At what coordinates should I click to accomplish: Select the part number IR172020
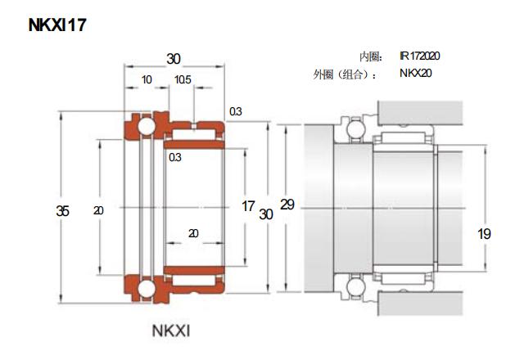coord(420,56)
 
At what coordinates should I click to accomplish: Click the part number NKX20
coord(415,74)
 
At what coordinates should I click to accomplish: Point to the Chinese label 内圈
coord(369,57)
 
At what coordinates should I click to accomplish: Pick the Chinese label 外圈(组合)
coord(345,75)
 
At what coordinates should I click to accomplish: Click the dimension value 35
coord(62,211)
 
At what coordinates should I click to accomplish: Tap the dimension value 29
coord(287,205)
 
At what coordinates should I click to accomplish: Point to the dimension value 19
coord(484,234)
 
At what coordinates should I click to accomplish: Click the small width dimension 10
coord(147,79)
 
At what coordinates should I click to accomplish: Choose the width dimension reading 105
coord(183,79)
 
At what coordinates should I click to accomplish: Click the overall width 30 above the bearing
coord(174,59)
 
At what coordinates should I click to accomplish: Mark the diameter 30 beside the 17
coord(265,214)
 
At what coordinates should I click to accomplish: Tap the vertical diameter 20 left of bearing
coord(98,211)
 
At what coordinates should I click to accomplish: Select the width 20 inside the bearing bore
coord(193,233)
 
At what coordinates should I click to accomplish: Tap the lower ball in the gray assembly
coord(355,287)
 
